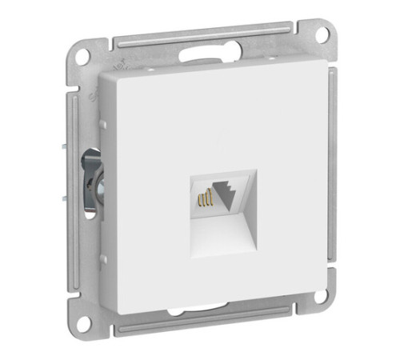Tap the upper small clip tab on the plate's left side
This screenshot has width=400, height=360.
coord(102,122)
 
